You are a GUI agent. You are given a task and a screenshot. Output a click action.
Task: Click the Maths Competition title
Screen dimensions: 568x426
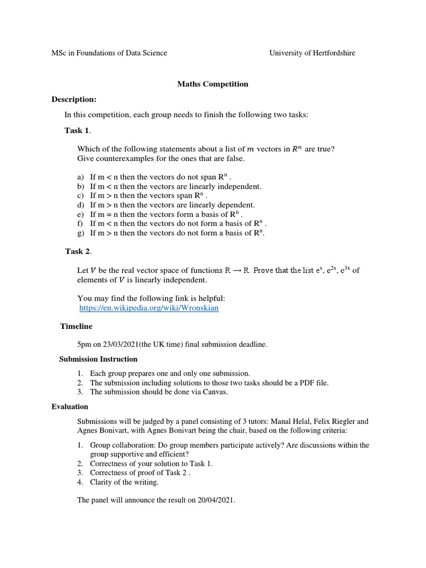tap(212, 84)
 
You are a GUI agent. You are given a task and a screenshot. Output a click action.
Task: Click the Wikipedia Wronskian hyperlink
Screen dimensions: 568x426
tap(149, 308)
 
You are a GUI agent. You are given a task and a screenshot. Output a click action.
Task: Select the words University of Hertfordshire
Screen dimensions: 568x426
tap(312, 53)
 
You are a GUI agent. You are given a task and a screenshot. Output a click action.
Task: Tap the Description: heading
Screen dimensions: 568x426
tap(74, 99)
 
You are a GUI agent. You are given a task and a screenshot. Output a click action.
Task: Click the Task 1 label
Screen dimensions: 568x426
tap(77, 130)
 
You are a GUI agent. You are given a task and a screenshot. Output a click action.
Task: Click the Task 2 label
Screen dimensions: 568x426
tap(78, 251)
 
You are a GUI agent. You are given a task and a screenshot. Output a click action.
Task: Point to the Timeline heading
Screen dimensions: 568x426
tap(76, 326)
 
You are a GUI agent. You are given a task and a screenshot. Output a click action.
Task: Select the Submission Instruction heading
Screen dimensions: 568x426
tap(98, 359)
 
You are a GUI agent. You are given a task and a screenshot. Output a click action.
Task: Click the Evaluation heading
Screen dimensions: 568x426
tap(69, 407)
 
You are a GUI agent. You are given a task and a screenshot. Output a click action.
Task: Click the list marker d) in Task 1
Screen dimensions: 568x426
tap(80, 205)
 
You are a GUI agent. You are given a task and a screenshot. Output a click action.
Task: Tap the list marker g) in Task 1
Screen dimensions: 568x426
tap(80, 233)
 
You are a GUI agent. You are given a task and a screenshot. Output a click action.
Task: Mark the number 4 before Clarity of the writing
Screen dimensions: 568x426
tap(80, 482)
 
